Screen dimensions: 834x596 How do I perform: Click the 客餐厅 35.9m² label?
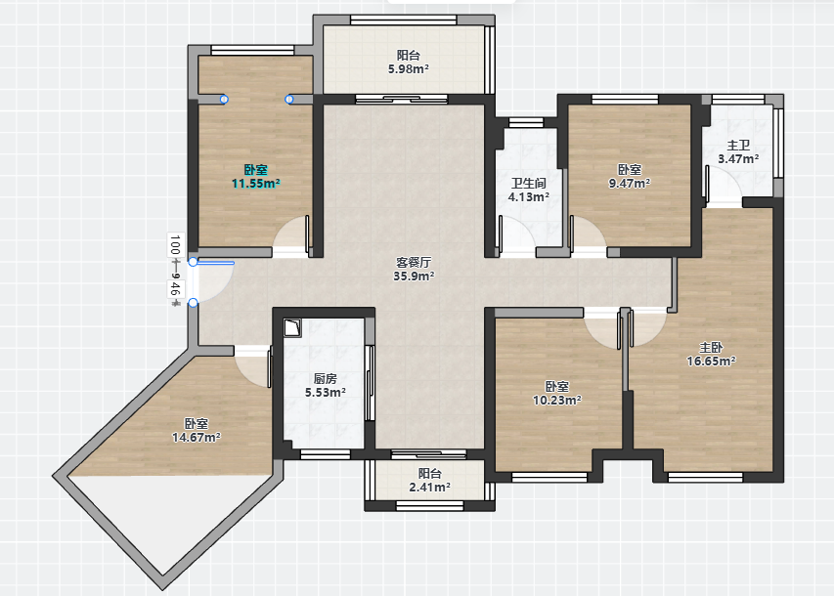pos(414,269)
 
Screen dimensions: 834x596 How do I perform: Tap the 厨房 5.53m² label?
pos(325,386)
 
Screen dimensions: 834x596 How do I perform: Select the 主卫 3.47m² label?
pos(738,152)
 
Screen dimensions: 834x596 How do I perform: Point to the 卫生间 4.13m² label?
pos(529,190)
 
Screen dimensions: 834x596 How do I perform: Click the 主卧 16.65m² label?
pos(711,354)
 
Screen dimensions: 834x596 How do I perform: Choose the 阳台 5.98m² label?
pos(409,62)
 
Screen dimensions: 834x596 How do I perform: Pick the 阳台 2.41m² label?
pos(430,480)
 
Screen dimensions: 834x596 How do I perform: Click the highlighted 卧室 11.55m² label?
pos(256,177)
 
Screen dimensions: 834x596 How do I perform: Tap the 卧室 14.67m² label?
pos(197,431)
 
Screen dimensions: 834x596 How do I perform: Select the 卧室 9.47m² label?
pos(630,177)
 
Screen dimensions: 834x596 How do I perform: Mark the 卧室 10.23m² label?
pos(557,393)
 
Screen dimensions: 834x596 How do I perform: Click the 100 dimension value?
pos(175,245)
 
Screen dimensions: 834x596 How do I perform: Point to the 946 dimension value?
pos(175,289)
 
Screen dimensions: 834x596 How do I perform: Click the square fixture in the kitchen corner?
pos(292,327)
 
